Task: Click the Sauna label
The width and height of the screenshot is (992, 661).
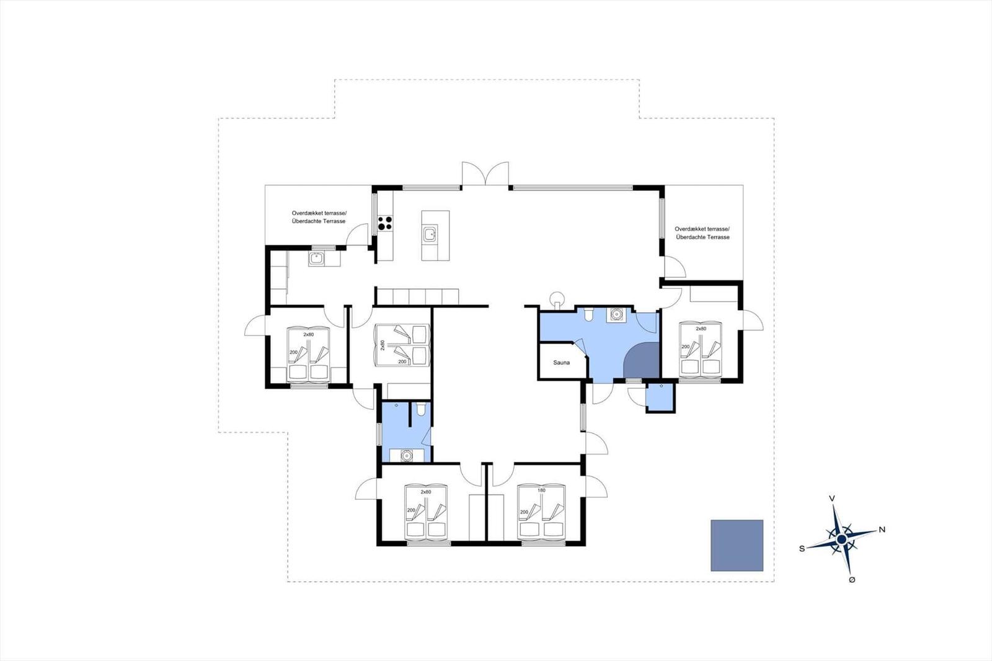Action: [x=561, y=362]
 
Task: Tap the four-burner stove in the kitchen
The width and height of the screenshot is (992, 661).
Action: [x=384, y=223]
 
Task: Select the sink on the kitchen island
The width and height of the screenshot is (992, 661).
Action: [x=430, y=234]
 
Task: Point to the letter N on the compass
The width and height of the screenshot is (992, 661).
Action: [x=882, y=530]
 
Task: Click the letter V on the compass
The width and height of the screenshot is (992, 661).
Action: [x=832, y=499]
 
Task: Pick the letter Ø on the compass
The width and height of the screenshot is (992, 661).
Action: [x=852, y=580]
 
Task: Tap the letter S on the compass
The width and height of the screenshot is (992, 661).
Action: [x=802, y=549]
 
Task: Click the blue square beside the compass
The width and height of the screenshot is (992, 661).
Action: [x=737, y=546]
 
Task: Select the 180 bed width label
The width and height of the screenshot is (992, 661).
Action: [x=541, y=490]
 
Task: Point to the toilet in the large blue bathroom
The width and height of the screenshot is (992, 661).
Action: [x=588, y=314]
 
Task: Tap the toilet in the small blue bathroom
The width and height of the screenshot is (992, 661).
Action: [x=421, y=409]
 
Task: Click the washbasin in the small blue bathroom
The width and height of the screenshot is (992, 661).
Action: [x=406, y=455]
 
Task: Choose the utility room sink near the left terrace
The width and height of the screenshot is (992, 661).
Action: [x=316, y=258]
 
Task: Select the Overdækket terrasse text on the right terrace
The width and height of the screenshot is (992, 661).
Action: [x=702, y=229]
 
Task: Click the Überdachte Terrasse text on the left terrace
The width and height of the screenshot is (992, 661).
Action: [x=319, y=221]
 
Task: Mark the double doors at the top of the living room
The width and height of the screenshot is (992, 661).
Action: [x=485, y=173]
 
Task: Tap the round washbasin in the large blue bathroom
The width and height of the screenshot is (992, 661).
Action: [x=616, y=314]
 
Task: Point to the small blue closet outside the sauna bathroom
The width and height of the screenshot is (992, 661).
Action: [x=660, y=397]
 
